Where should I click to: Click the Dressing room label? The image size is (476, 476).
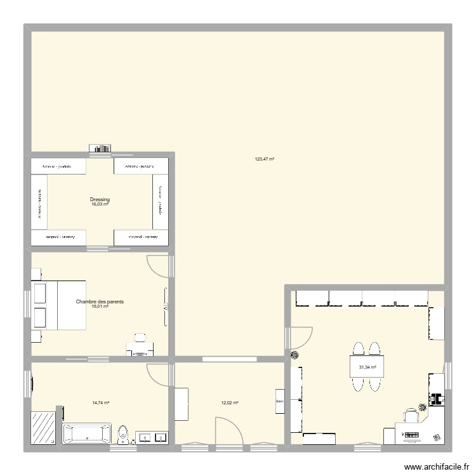(x=100, y=199)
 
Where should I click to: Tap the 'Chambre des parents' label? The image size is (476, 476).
(x=100, y=302)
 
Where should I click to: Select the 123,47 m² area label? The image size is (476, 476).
(x=264, y=159)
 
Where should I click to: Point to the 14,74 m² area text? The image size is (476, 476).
(x=101, y=402)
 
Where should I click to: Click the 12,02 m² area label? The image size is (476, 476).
(x=229, y=402)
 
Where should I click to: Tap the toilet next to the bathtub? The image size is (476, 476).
(x=124, y=435)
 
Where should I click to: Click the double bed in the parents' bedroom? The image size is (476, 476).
(x=58, y=305)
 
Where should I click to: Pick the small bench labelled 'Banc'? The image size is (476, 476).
(x=279, y=401)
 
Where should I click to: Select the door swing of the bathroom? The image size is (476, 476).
(x=157, y=373)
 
